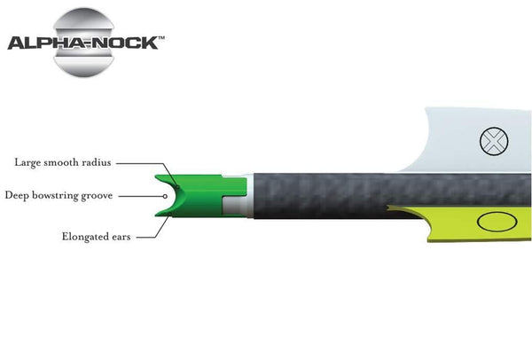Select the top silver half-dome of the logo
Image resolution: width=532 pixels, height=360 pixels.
86,21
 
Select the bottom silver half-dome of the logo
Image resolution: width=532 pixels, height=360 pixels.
86,62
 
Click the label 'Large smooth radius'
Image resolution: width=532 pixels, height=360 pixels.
63,162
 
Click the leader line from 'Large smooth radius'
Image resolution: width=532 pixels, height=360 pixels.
142,162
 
